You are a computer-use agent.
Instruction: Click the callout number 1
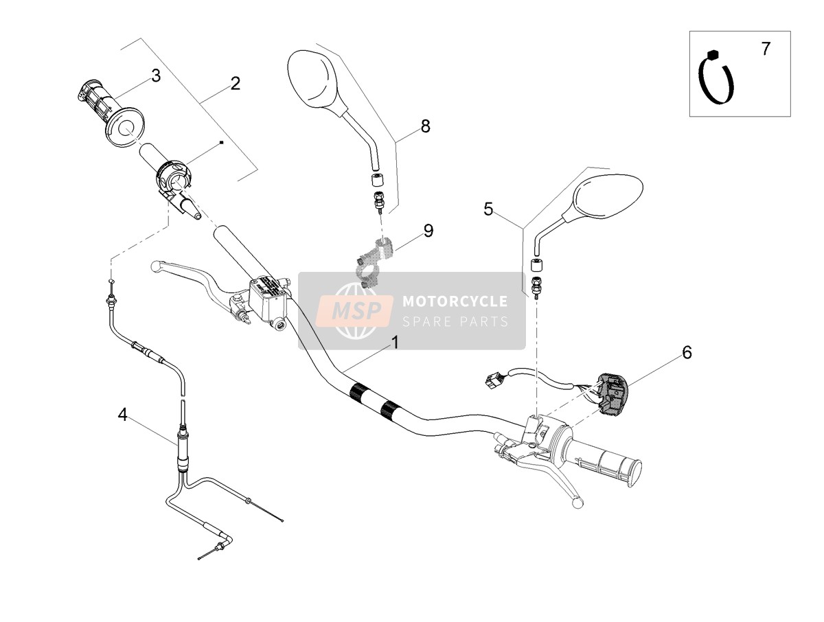[395, 343]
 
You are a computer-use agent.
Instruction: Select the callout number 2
[236, 83]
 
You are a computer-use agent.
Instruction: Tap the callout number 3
[156, 76]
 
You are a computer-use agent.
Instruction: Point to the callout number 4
[122, 415]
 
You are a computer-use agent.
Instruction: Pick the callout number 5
[488, 209]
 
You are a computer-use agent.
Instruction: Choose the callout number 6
[687, 353]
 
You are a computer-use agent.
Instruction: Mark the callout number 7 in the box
[766, 49]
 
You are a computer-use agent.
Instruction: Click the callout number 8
[425, 126]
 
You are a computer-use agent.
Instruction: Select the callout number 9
[428, 231]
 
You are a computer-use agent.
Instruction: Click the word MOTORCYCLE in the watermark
[455, 301]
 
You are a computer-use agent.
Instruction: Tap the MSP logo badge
[355, 310]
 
